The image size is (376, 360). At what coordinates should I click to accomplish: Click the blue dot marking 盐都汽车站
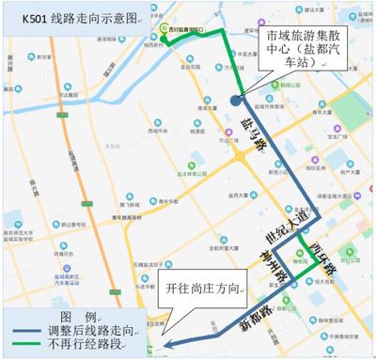pos(235,100)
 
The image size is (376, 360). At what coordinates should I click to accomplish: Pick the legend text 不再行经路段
pos(93,349)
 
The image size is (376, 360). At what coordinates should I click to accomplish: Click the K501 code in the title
pos(26,17)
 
